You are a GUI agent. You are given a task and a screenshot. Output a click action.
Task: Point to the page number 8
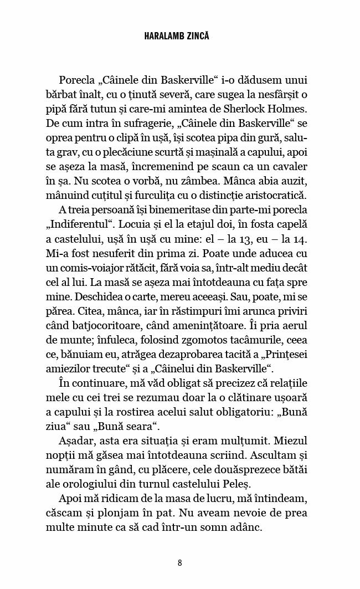coord(180,563)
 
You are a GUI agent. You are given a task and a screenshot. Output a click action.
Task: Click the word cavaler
coord(284,166)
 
